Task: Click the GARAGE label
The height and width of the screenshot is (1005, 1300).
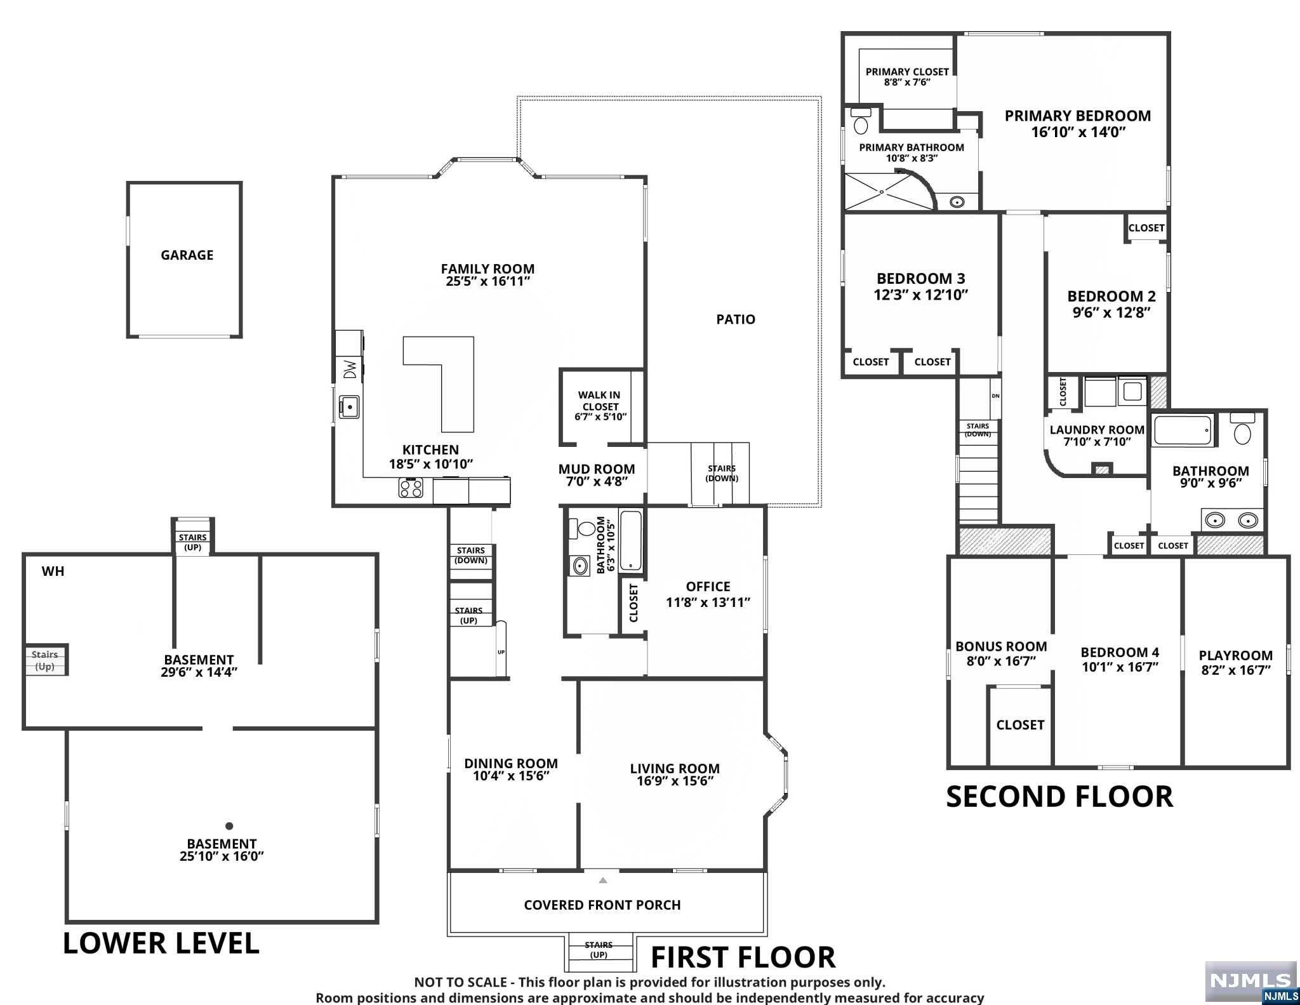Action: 187,255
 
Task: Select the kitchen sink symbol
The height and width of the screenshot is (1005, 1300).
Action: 349,406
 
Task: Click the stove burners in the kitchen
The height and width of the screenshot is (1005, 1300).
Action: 411,488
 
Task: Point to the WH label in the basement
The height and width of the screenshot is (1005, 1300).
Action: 53,571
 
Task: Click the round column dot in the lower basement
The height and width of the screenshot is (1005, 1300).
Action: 229,826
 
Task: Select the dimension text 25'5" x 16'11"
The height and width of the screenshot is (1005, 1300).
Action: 487,281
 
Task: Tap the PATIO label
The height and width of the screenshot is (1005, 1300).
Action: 736,319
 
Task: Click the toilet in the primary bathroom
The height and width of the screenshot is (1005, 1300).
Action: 861,121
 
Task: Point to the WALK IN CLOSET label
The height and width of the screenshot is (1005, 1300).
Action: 600,401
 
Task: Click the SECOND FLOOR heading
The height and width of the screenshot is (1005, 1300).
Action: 1059,797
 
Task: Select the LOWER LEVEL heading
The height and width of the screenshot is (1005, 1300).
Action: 161,943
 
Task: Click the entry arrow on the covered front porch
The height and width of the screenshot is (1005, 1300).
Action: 603,880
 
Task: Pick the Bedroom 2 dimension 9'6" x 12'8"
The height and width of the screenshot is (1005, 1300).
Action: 1111,312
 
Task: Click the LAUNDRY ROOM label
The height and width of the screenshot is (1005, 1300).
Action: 1097,430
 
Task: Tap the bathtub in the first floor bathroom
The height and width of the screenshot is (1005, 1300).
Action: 630,540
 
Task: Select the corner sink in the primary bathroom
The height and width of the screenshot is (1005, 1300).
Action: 957,202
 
